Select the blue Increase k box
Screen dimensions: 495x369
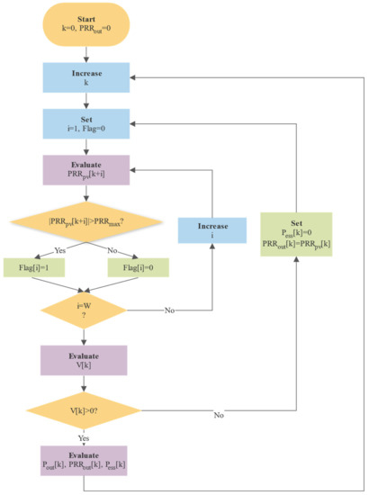tap(84, 77)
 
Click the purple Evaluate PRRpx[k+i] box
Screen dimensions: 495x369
tap(84, 168)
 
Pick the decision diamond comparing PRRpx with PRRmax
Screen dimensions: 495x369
tap(84, 220)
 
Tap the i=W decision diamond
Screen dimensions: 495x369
tap(84, 310)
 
